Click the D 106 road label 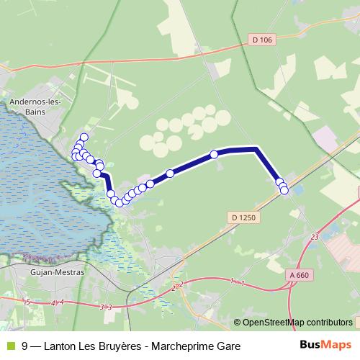[264, 39]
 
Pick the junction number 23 [315, 236]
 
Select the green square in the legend [9, 346]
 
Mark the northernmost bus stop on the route [84, 137]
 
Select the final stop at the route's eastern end [284, 190]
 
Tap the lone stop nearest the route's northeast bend [214, 154]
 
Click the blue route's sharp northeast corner [256, 149]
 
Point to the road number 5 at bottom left [27, 301]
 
